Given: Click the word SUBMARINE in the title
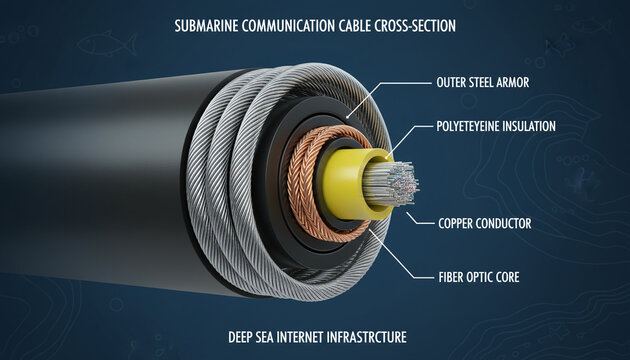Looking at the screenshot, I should [203, 26].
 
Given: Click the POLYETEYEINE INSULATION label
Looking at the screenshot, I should [497, 127].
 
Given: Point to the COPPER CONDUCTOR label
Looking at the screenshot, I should [483, 222].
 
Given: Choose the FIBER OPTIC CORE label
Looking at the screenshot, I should [479, 275].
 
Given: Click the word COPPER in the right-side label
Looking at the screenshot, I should [456, 222].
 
